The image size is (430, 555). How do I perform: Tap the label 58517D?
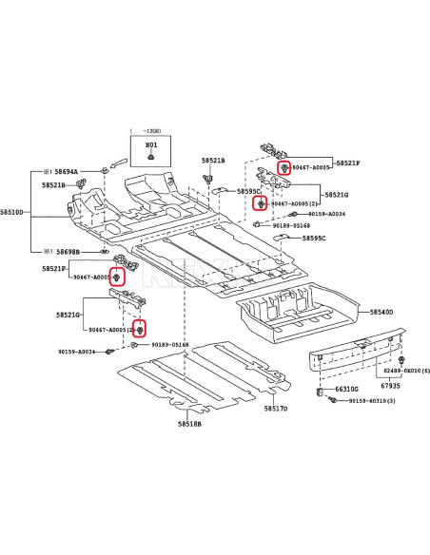pyautogui.click(x=275, y=408)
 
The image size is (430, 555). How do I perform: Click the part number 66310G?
pyautogui.click(x=347, y=389)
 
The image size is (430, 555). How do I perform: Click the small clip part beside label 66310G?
pyautogui.click(x=320, y=390)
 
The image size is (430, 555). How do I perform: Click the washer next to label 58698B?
pyautogui.click(x=103, y=252)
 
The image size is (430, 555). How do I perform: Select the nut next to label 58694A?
pyautogui.click(x=102, y=171)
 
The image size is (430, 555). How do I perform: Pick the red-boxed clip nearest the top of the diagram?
pyautogui.click(x=283, y=167)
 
